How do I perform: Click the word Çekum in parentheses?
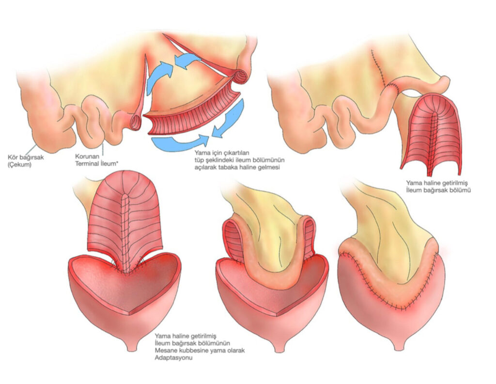[x=19, y=165]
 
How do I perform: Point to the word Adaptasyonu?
[x=174, y=358]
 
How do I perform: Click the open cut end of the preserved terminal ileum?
[x=136, y=122]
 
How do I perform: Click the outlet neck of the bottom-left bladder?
[x=132, y=345]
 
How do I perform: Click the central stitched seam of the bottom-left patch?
[x=125, y=232]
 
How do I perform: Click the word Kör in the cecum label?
[x=13, y=157]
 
